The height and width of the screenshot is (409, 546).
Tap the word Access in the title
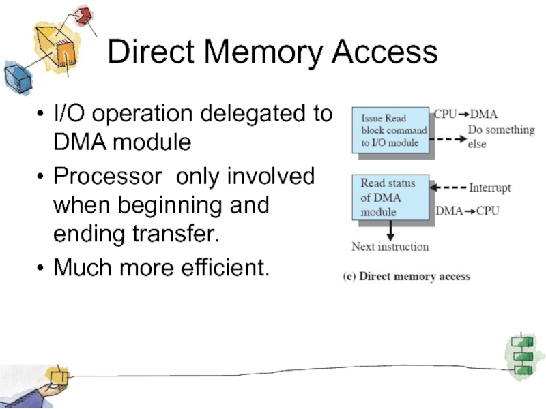click(x=386, y=52)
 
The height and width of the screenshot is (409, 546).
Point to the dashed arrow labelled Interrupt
click(x=451, y=187)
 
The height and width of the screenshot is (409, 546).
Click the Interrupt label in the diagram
click(x=489, y=187)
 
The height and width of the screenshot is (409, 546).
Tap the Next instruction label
click(x=390, y=246)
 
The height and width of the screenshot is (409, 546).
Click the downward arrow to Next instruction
click(x=390, y=229)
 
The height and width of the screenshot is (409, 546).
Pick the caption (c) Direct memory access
click(x=406, y=276)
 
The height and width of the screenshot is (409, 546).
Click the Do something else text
click(x=500, y=136)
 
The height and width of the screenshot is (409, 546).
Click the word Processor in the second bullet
click(x=110, y=177)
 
